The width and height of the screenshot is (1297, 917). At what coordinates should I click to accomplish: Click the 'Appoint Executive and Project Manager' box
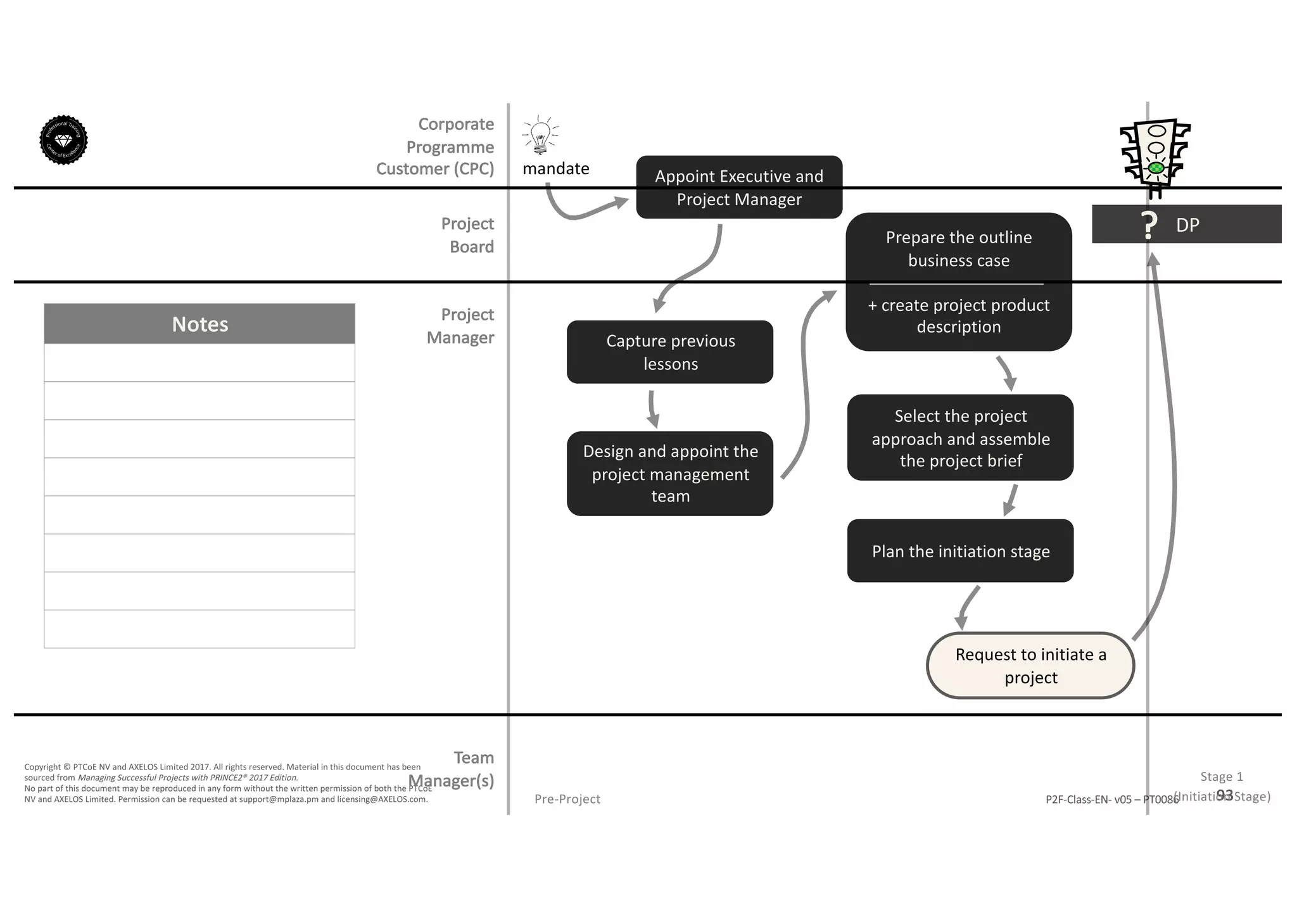point(739,187)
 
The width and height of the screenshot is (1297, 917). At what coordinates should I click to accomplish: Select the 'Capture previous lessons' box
point(670,352)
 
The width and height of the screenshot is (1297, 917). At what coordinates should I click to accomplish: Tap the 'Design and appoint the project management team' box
point(670,474)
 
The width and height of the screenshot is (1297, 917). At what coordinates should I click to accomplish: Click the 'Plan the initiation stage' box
point(960,551)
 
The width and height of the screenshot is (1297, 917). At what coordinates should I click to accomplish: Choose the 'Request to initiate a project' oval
point(1030,666)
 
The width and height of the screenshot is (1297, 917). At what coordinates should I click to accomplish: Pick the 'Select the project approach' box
point(960,438)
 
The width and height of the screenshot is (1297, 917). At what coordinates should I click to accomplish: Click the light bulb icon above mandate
point(540,135)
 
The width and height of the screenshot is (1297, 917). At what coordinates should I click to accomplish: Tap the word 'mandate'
point(555,168)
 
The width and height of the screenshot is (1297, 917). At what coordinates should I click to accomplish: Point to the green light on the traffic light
point(1156,167)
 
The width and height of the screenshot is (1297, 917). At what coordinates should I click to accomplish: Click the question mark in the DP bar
point(1149,225)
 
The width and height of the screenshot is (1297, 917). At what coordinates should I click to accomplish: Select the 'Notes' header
point(199,324)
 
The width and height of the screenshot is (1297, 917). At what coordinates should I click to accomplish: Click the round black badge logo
point(63,140)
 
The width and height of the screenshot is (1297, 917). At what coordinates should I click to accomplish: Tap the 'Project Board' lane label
point(467,235)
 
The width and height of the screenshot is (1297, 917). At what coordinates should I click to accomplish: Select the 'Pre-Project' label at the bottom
point(567,799)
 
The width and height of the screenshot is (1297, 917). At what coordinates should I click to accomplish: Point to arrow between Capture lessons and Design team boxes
point(652,408)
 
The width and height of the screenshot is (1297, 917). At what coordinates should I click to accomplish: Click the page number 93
point(1224,795)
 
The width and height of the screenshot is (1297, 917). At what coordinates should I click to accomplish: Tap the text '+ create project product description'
point(958,316)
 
